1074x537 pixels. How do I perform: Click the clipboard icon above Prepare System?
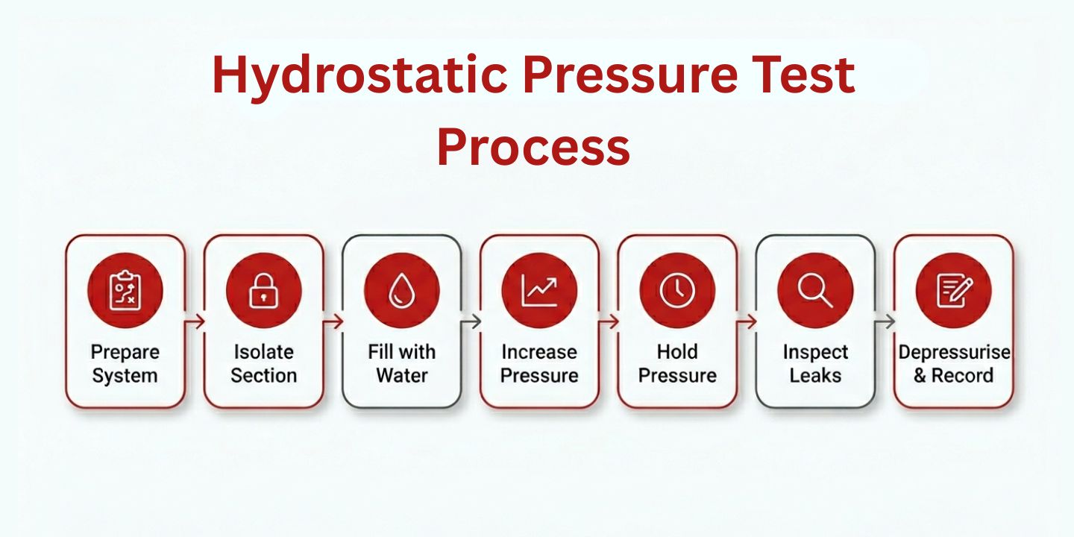coord(125,290)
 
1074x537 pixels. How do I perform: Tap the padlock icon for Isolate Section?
coord(263,290)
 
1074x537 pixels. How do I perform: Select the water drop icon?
coord(401,290)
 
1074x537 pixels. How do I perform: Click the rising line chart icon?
coord(539,290)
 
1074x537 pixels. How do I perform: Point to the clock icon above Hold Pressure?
coord(677,290)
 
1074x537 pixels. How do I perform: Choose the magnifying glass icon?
coord(815,290)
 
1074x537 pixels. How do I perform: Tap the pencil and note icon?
coord(953,290)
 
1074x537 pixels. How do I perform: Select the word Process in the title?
coord(533,146)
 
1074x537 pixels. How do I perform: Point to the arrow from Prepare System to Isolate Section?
coord(195,321)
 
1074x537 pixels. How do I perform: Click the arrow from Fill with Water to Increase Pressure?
coord(471,321)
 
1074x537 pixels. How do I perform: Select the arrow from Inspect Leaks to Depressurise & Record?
coord(885,321)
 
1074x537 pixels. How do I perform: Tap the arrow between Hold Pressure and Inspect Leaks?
coord(747,321)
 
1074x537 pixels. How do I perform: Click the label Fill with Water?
coord(401,363)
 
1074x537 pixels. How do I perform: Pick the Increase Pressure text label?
coord(539,363)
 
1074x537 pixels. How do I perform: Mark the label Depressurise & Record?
coord(953,363)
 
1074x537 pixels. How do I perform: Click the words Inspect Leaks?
coord(815,363)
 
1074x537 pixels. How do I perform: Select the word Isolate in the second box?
coord(263,351)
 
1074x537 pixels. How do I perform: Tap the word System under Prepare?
coord(125,375)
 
